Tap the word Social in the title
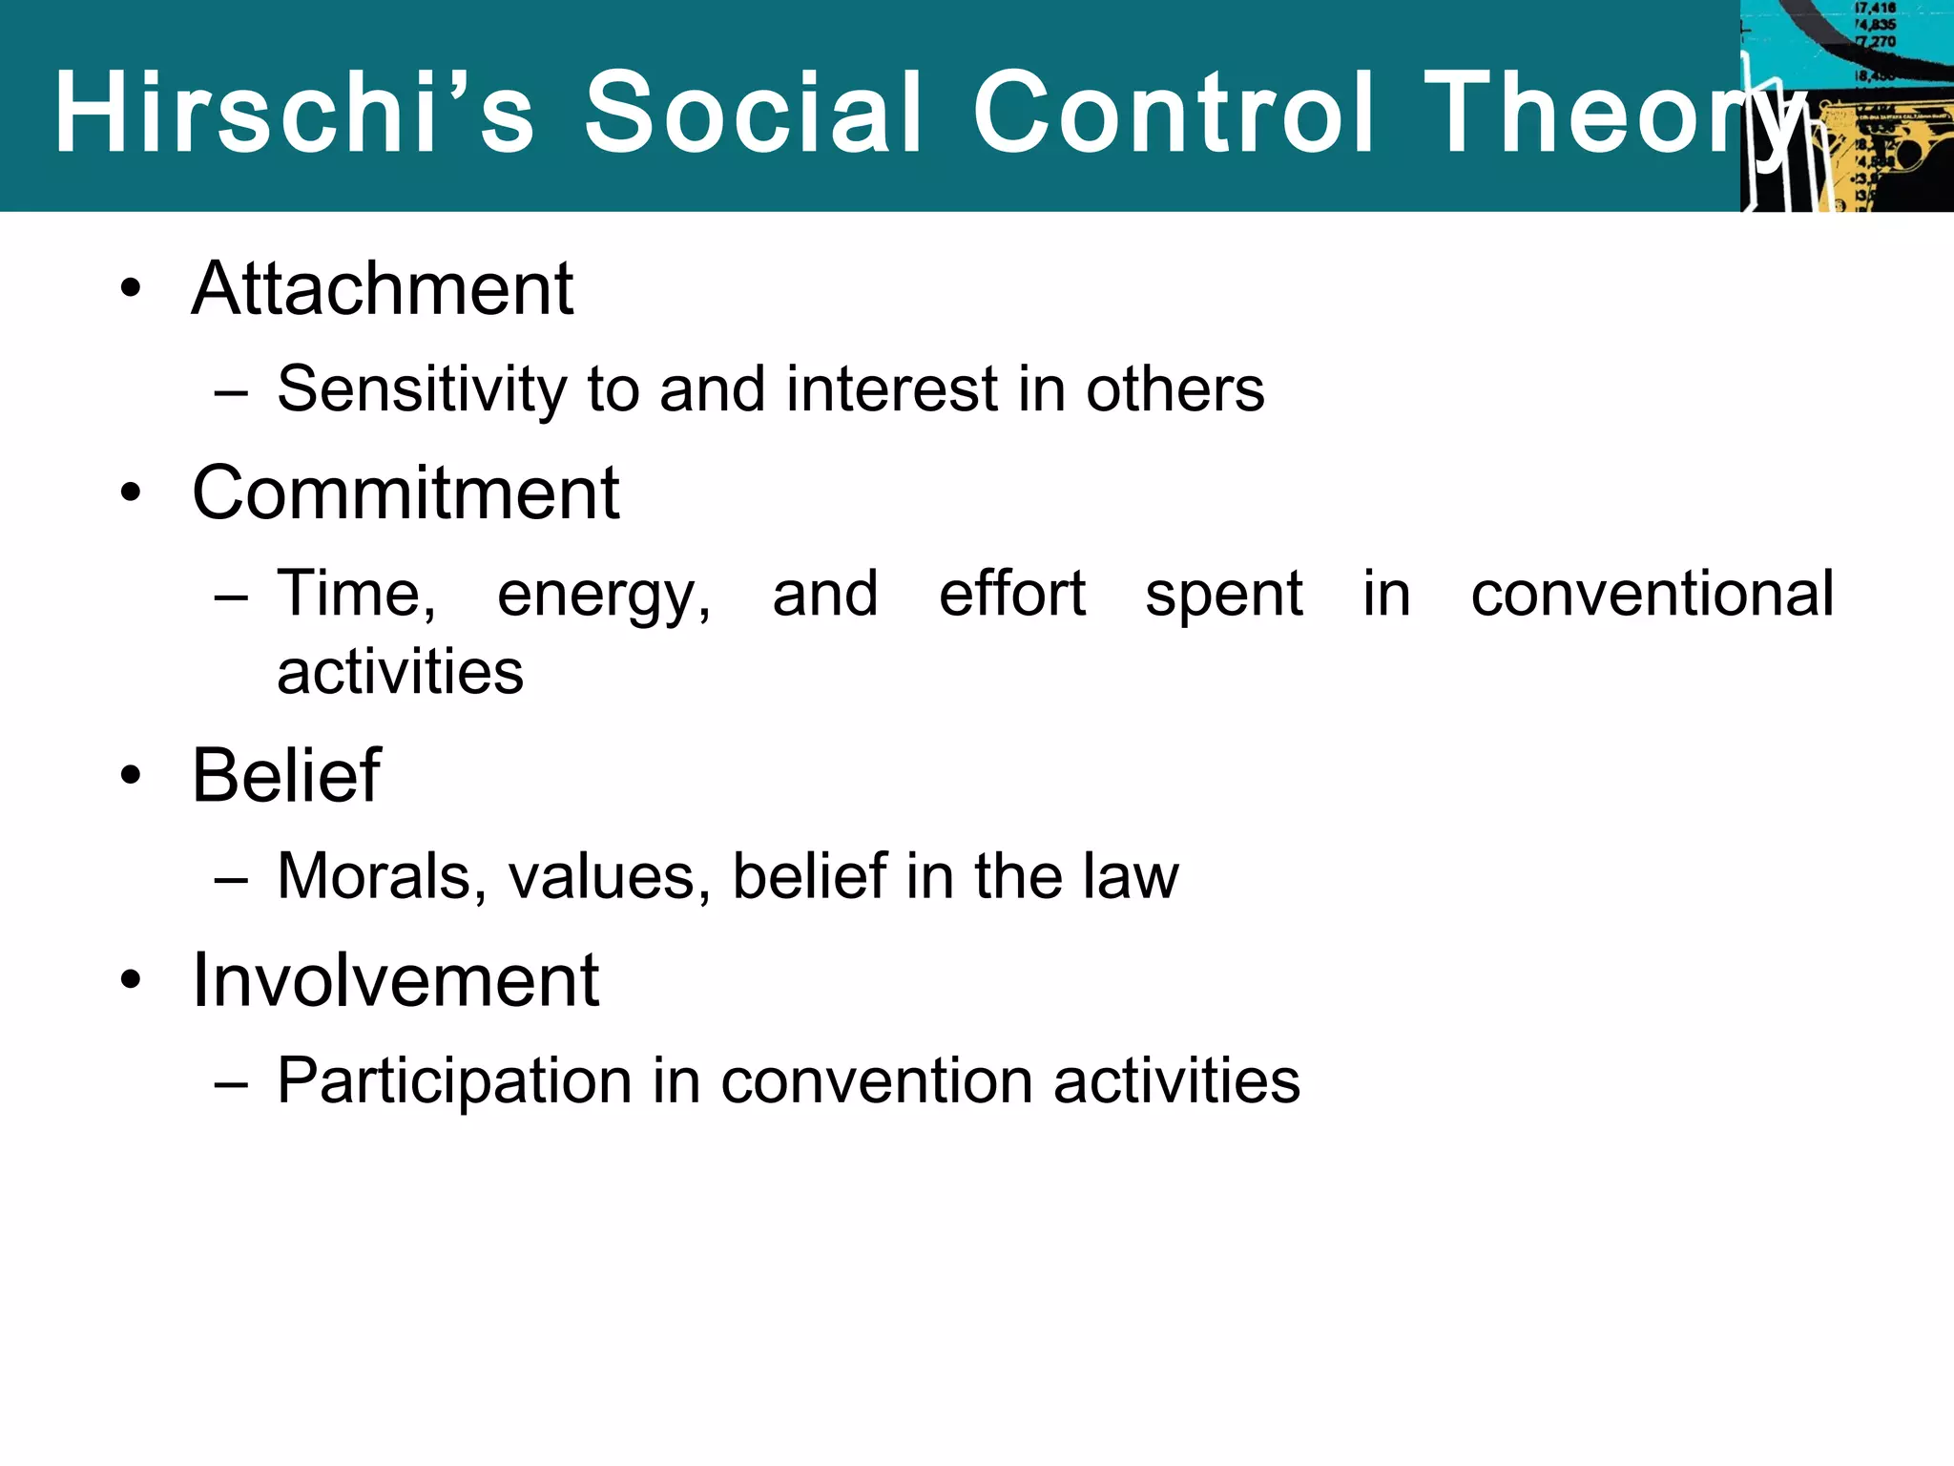tap(754, 113)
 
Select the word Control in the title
tap(1174, 113)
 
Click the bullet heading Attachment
tap(382, 288)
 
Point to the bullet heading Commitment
tap(405, 493)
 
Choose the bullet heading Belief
tap(286, 775)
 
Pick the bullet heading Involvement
tap(395, 980)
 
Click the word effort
tap(1011, 594)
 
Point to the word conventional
tap(1652, 594)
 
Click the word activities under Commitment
tap(400, 672)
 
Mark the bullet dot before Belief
tap(131, 776)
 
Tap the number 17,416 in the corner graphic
tap(1875, 9)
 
